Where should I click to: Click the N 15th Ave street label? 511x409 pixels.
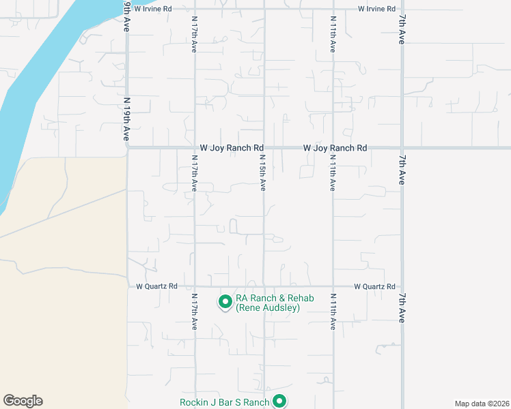click(x=262, y=173)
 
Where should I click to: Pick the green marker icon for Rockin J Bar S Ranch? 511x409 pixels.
click(x=279, y=402)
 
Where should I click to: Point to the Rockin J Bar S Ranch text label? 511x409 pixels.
click(x=225, y=402)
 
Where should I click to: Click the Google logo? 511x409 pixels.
click(x=23, y=401)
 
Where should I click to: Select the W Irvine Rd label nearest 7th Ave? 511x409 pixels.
click(x=376, y=9)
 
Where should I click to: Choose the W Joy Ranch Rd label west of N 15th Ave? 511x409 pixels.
click(x=232, y=147)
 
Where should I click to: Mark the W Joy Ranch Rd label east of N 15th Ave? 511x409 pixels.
click(x=335, y=147)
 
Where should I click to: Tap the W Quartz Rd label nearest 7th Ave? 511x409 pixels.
click(x=374, y=286)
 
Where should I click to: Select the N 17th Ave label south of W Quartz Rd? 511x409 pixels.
click(x=195, y=312)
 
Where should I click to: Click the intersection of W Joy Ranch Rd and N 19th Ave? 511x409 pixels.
click(x=128, y=147)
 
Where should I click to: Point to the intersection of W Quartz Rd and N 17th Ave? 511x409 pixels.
click(x=195, y=286)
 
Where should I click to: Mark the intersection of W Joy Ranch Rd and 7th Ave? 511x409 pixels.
click(x=402, y=147)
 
